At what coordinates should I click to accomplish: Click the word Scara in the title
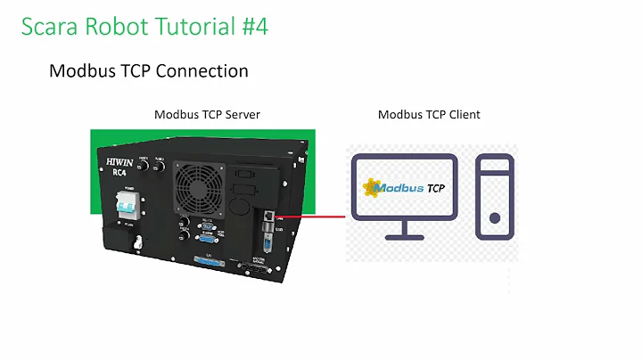[50, 27]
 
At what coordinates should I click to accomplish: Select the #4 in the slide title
[251, 27]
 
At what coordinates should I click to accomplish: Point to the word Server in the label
[240, 114]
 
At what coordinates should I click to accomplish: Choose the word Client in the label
[462, 114]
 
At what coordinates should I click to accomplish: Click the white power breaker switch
[126, 207]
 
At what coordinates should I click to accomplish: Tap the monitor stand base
[403, 237]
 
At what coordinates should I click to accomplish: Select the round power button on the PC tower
[494, 217]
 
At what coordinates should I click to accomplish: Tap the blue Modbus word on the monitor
[397, 188]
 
